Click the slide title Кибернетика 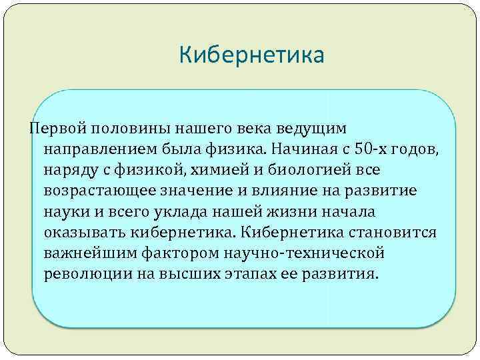[x=251, y=55]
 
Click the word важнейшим [x=87, y=255]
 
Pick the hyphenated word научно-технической [x=308, y=255]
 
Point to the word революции [x=83, y=276]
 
